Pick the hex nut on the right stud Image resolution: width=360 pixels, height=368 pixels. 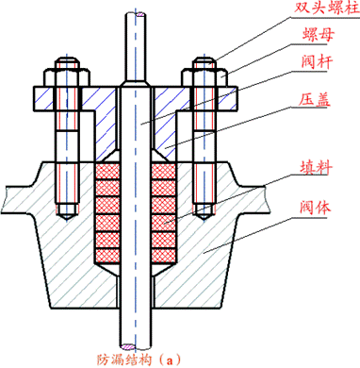click(x=205, y=75)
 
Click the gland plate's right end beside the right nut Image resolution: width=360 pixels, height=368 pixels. click(x=229, y=95)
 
